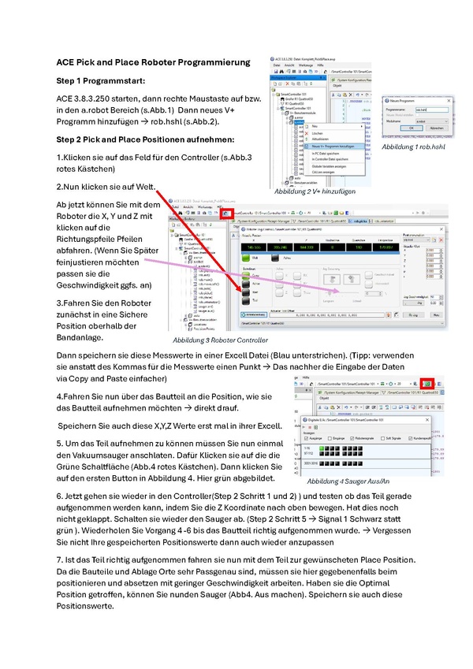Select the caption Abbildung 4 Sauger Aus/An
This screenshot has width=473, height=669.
[345, 481]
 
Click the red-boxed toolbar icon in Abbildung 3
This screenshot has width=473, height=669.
[226, 214]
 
